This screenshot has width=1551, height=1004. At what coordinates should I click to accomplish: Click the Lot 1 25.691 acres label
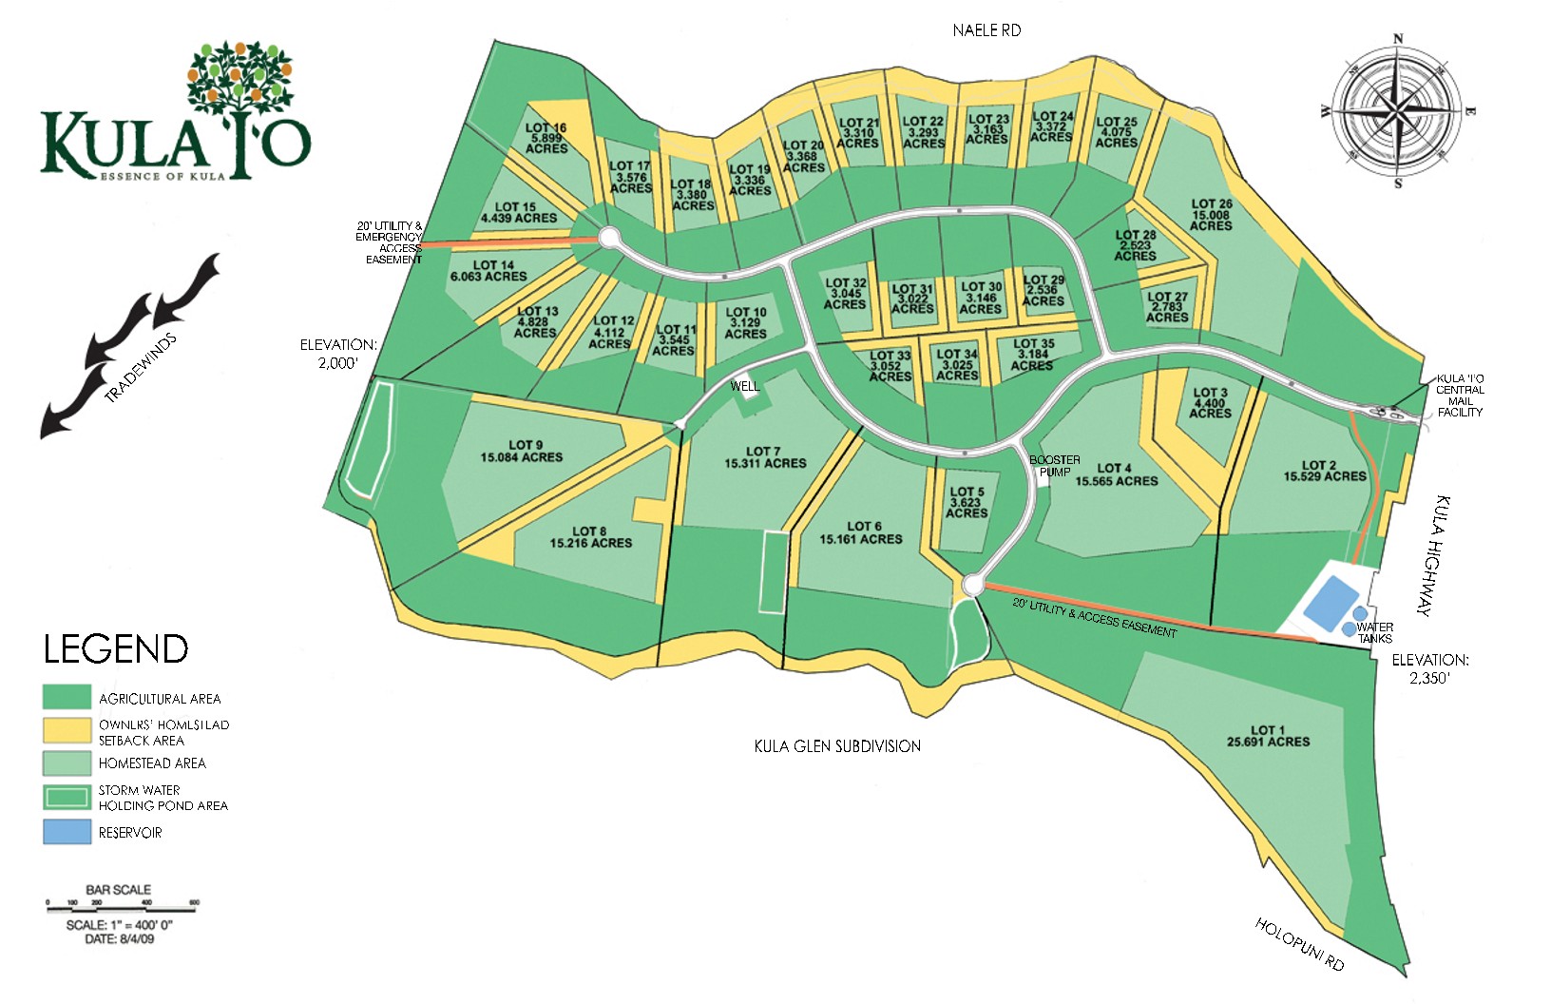pyautogui.click(x=1268, y=736)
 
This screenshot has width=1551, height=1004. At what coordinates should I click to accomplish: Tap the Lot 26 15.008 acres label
pyautogui.click(x=1211, y=215)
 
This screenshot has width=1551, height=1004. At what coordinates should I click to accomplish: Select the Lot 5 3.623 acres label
pyautogui.click(x=967, y=502)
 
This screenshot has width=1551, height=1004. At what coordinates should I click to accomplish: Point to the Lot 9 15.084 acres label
pyautogui.click(x=522, y=451)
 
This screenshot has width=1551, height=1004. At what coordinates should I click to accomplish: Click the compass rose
pyautogui.click(x=1396, y=111)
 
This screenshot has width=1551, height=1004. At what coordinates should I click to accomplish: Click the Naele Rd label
pyautogui.click(x=986, y=30)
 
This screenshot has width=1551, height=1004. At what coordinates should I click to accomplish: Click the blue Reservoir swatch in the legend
pyautogui.click(x=67, y=832)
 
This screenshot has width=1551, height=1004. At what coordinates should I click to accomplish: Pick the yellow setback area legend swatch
pyautogui.click(x=67, y=730)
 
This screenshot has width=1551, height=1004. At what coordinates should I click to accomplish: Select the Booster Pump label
pyautogui.click(x=1055, y=465)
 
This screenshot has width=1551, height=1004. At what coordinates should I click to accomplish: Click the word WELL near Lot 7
pyautogui.click(x=745, y=386)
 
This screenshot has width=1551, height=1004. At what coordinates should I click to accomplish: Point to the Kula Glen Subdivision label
pyautogui.click(x=837, y=746)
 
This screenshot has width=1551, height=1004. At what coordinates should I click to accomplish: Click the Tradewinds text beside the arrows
pyautogui.click(x=141, y=368)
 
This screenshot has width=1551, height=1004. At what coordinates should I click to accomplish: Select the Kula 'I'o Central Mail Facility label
pyautogui.click(x=1460, y=395)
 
